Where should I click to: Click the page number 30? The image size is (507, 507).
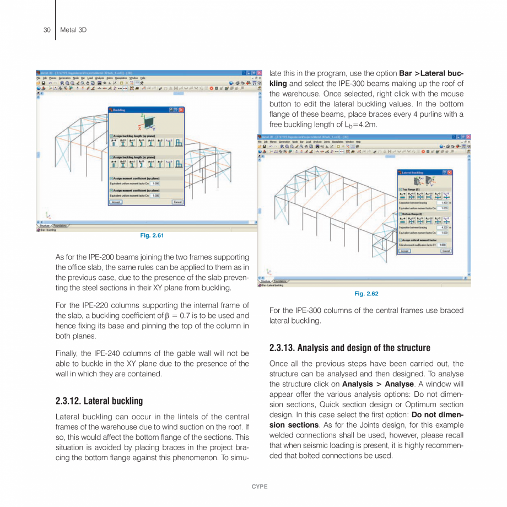coord(47,30)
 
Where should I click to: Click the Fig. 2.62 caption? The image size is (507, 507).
coord(366,294)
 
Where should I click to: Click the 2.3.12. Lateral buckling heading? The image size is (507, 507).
coord(99,401)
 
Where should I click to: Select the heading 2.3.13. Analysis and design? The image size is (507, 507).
coord(349,348)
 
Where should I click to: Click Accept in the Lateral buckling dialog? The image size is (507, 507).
coord(405,251)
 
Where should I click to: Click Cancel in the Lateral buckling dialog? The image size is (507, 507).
coord(446,251)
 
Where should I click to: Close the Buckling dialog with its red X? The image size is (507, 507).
coord(181,110)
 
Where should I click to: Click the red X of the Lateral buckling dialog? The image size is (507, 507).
coord(449,172)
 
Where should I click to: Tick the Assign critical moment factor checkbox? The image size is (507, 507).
coord(400,240)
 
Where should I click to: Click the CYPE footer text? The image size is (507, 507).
coord(260,487)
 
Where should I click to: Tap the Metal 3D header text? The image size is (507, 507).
coord(73,30)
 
